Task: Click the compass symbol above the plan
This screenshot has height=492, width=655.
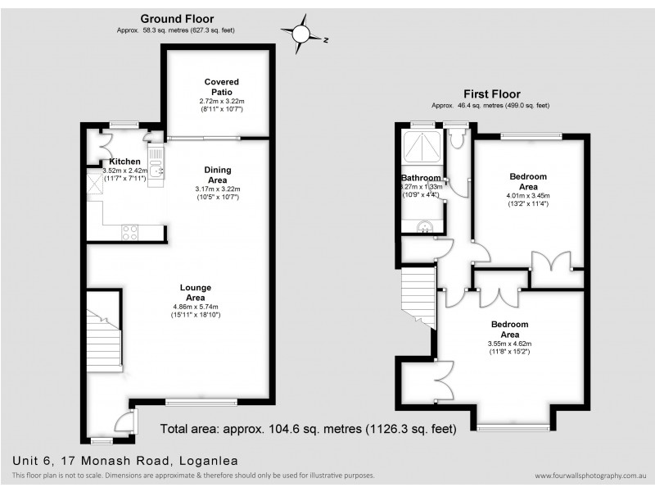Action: (301, 34)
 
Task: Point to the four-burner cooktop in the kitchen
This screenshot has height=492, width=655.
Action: (129, 232)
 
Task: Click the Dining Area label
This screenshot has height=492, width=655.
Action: (217, 175)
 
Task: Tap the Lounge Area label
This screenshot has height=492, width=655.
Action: (196, 292)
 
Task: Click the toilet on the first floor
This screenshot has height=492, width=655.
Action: (457, 139)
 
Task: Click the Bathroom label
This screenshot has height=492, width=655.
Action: (421, 178)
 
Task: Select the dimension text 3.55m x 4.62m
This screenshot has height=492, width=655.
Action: (509, 344)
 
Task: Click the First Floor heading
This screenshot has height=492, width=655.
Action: (491, 94)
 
